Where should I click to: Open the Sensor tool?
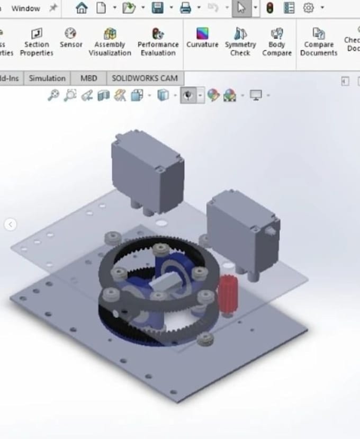[71, 38]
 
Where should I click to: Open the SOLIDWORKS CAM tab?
[145, 78]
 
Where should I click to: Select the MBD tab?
[88, 78]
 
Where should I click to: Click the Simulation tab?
[47, 78]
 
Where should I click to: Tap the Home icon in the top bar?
[82, 8]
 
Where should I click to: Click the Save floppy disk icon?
[157, 8]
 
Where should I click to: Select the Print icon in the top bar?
[185, 8]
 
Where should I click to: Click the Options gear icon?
[308, 8]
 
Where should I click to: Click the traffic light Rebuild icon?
[270, 8]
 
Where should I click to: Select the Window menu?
[25, 8]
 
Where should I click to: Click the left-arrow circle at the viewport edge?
[10, 225]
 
